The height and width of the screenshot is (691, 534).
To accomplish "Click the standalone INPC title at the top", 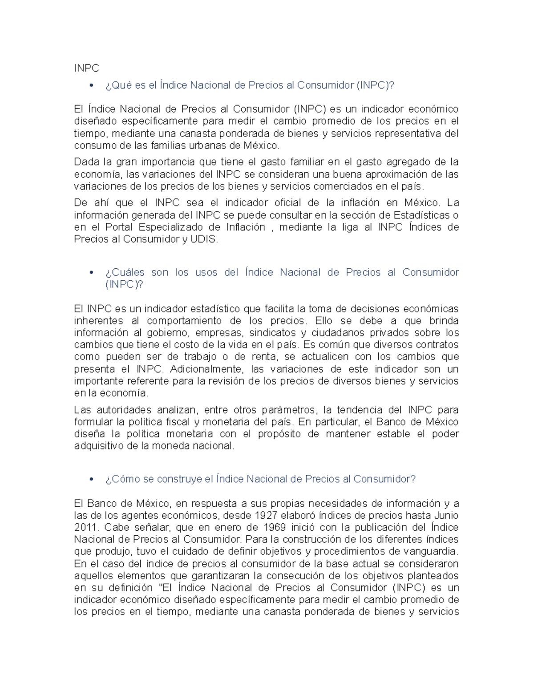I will (86, 68).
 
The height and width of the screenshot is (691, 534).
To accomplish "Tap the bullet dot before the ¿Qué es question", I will (92, 85).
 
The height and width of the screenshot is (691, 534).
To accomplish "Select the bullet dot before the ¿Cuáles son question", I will (92, 273).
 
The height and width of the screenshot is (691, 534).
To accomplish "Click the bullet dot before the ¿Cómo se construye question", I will (92, 479).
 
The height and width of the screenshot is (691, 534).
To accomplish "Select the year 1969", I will (275, 528).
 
